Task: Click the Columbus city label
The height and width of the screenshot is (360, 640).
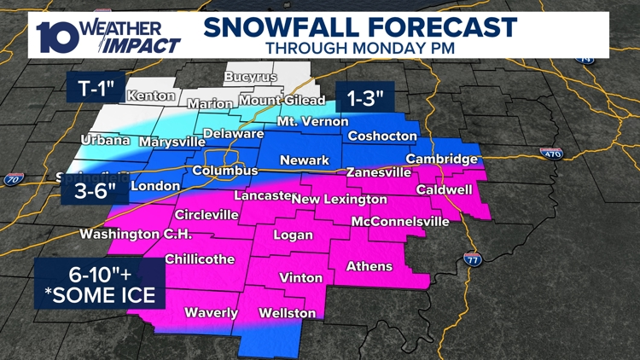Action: (x=224, y=171)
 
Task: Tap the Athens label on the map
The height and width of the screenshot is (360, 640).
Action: (x=369, y=267)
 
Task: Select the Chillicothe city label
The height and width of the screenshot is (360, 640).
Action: (x=200, y=258)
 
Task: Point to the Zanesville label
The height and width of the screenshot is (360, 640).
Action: (x=380, y=172)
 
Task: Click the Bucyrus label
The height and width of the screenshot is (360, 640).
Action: (x=251, y=77)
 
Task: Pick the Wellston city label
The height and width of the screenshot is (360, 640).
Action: (x=288, y=313)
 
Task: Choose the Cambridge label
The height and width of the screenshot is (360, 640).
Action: (x=441, y=160)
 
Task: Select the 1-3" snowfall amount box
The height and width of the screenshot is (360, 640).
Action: (x=365, y=98)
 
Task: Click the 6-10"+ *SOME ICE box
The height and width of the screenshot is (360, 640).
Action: (x=100, y=285)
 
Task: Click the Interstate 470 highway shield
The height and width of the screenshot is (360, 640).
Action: (x=550, y=154)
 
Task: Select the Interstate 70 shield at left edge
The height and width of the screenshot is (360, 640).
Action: (x=13, y=179)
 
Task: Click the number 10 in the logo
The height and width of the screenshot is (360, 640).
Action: (x=57, y=35)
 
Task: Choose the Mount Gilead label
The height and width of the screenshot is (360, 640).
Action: (x=270, y=101)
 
